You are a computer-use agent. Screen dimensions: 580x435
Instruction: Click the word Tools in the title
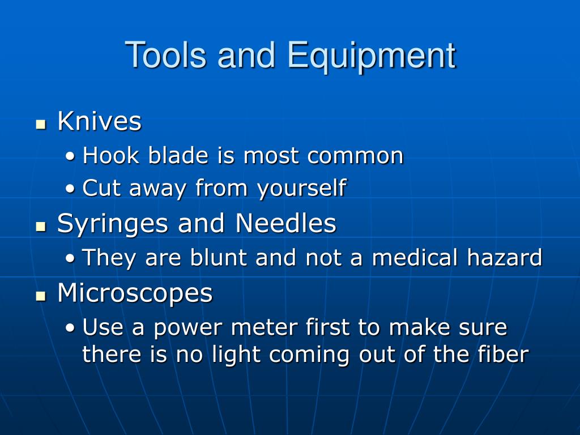point(165,55)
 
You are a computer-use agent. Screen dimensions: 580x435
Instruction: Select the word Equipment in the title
point(372,56)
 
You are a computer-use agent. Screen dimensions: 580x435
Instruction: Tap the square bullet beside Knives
point(41,124)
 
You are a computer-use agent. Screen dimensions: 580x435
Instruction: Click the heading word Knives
point(99,121)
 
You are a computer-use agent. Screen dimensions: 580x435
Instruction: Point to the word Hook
point(110,155)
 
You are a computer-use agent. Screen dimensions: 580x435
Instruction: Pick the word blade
point(178,155)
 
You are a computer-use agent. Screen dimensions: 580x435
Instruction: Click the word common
point(355,156)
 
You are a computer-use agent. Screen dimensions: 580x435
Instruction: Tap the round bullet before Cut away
point(70,189)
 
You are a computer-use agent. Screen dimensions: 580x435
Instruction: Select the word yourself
point(302,188)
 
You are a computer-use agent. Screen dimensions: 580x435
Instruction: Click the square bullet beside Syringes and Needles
point(41,227)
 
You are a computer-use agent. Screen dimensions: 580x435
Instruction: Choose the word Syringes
point(113,224)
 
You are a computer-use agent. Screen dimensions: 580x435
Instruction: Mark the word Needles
point(285,223)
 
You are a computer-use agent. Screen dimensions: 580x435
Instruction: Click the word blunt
point(218,257)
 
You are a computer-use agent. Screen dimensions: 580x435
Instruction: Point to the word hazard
point(504,257)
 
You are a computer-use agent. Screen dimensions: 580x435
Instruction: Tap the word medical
point(415,257)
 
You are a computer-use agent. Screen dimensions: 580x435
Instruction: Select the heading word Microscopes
point(135,294)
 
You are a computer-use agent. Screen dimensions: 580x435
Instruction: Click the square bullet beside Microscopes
point(41,296)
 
